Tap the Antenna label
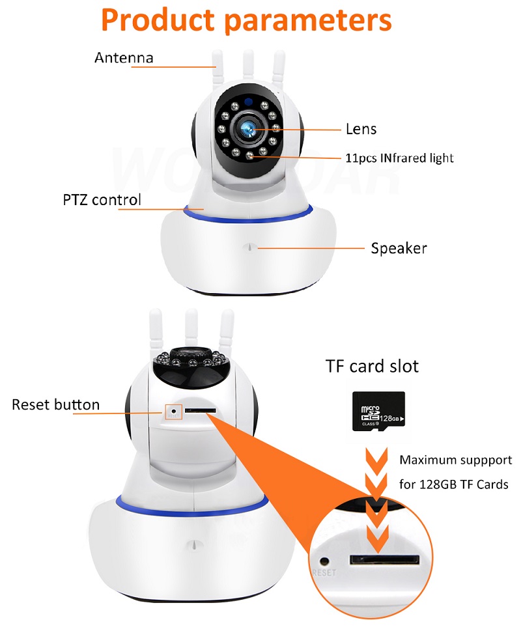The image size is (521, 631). pos(124,57)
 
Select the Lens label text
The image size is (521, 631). pos(361,129)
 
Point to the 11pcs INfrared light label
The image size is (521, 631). pos(399,158)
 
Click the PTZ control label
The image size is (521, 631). pos(102,199)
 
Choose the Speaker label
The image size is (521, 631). pos(399,248)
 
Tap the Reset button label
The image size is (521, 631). pos(55,404)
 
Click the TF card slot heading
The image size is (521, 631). pos(372,366)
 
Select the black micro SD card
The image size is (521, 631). pos(378,411)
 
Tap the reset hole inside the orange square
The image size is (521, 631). pos(173,412)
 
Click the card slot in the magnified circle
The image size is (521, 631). pos(384,559)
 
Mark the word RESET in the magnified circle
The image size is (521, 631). pos(324,573)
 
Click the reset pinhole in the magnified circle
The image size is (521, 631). pos(324,559)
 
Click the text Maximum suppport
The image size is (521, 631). pos(455,460)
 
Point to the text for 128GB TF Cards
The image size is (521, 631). pos(453,484)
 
